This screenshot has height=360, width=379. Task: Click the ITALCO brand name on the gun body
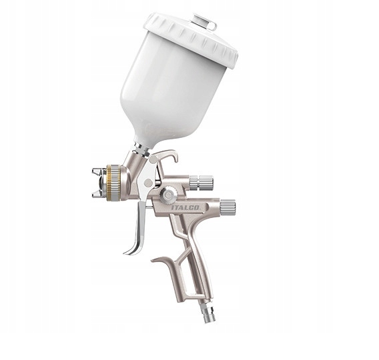point(189,208)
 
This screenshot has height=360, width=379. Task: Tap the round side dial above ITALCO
point(169,195)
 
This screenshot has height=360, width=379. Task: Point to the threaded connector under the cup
point(141,149)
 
